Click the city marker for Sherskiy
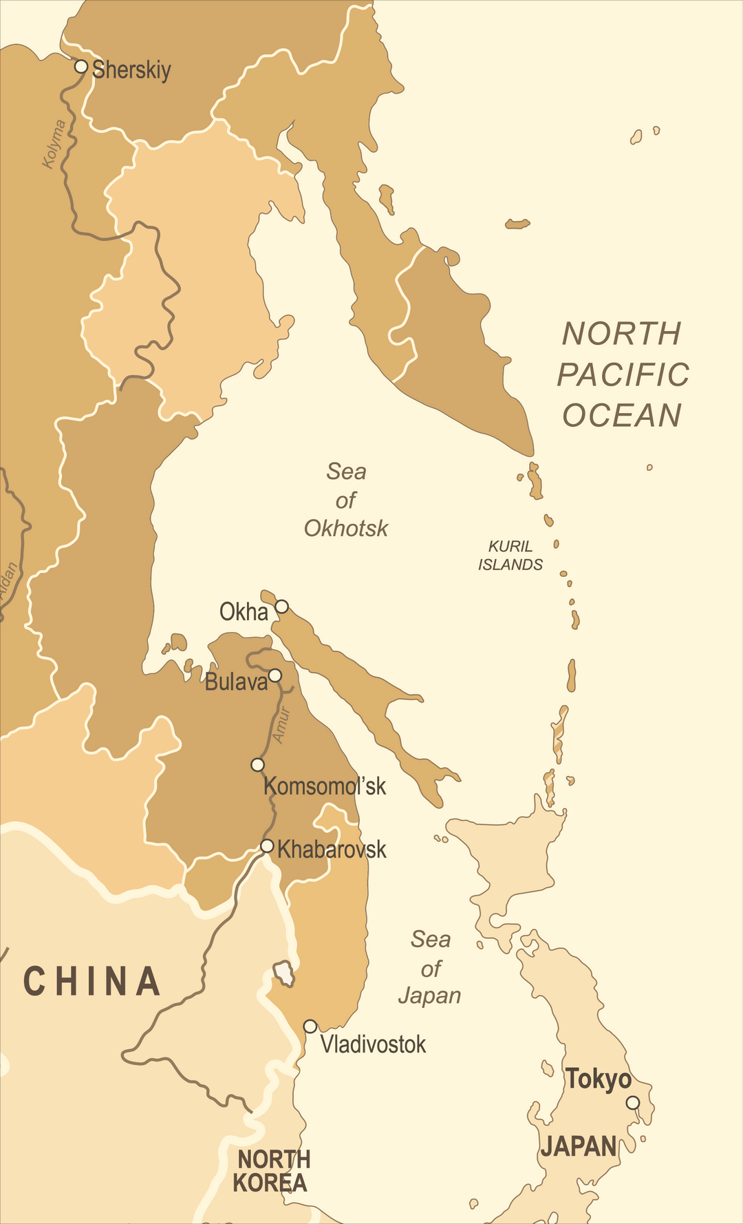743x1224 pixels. (x=81, y=67)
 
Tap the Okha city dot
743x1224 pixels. (x=282, y=606)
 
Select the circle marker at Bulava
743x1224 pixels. (x=274, y=675)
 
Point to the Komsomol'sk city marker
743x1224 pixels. (x=257, y=765)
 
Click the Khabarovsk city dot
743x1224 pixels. (x=267, y=846)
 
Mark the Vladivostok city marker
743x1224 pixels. (x=310, y=1026)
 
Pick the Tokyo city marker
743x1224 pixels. (x=632, y=1103)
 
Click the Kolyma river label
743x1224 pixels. (x=54, y=144)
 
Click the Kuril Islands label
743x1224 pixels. (x=510, y=556)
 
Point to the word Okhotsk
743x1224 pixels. (x=346, y=529)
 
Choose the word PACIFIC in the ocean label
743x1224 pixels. (x=623, y=375)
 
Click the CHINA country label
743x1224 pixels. (x=92, y=982)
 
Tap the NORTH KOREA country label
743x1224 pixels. (x=271, y=1171)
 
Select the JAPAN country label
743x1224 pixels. (x=579, y=1147)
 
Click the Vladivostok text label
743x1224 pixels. (x=373, y=1044)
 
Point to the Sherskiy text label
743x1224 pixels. (x=131, y=70)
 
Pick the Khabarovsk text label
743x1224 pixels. (x=332, y=850)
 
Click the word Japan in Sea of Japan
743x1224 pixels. (x=429, y=996)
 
